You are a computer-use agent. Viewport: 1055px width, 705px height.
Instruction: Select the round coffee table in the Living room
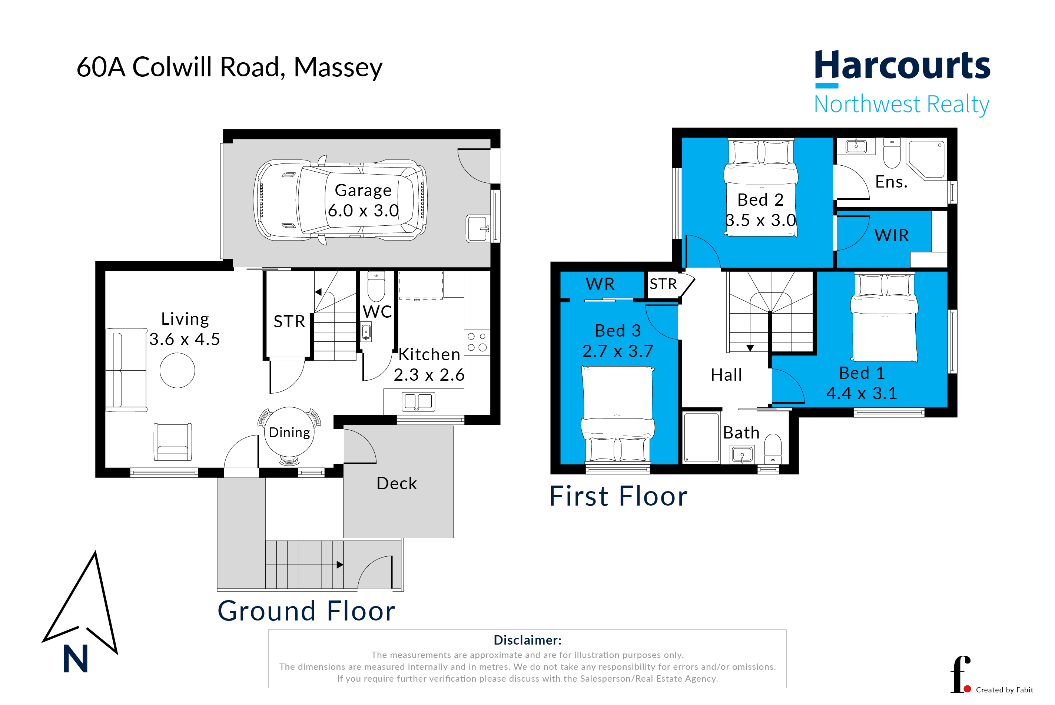(x=177, y=371)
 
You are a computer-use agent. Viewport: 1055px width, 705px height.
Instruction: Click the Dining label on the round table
(x=289, y=433)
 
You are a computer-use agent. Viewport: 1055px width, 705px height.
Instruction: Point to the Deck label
(x=397, y=484)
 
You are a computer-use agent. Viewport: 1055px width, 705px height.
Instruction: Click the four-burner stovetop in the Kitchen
(x=477, y=342)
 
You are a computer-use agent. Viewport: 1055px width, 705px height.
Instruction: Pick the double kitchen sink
(x=418, y=401)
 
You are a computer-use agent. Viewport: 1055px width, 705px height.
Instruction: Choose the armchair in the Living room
(x=173, y=442)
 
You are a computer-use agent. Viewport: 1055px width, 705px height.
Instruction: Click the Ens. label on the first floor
(x=891, y=182)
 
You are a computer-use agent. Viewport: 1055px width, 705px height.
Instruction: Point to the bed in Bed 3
(x=618, y=414)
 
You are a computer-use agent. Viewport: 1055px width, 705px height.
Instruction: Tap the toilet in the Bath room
(x=773, y=448)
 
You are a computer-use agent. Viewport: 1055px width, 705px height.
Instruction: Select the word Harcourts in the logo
(x=903, y=66)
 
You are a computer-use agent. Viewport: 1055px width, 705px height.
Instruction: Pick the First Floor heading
(x=618, y=496)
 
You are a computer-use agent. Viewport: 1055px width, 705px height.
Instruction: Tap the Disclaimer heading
(x=527, y=640)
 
